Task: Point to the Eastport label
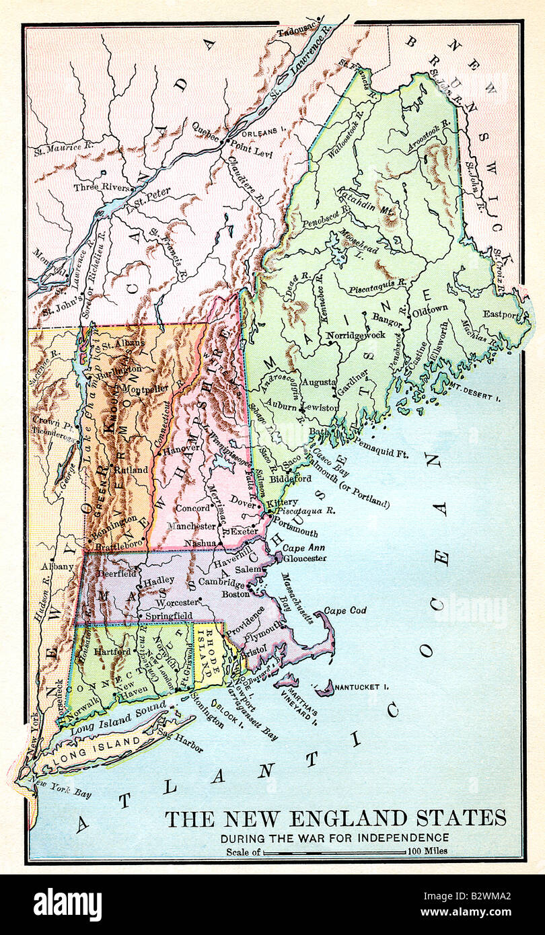pos(502,314)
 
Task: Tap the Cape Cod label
pos(345,610)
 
